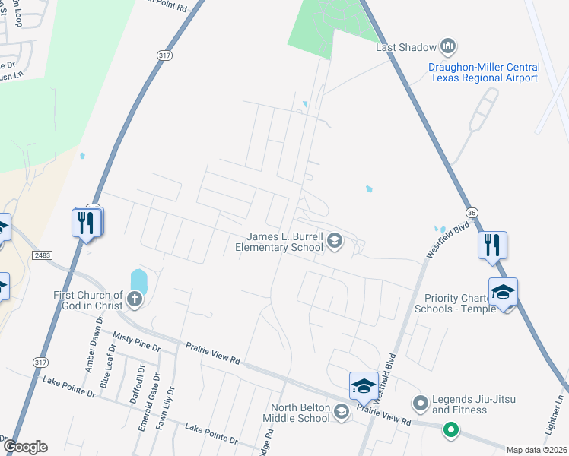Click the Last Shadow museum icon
point(448,47)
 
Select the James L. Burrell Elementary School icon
point(334,242)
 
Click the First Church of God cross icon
point(135,299)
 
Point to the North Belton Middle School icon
point(342,411)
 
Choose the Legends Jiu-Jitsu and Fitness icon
point(419,402)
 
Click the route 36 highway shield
point(471,214)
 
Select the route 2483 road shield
point(43,256)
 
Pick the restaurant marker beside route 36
point(491,245)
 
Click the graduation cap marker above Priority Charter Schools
point(504,293)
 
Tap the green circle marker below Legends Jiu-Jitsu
point(450,430)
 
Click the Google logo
point(25,447)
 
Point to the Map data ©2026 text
point(537,450)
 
